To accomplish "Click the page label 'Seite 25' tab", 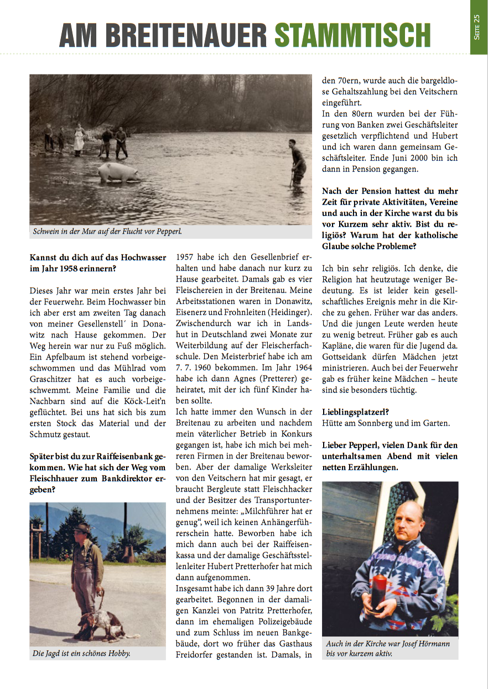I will pyautogui.click(x=477, y=27).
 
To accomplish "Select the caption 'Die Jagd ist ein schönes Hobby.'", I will pyautogui.click(x=81, y=654).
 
